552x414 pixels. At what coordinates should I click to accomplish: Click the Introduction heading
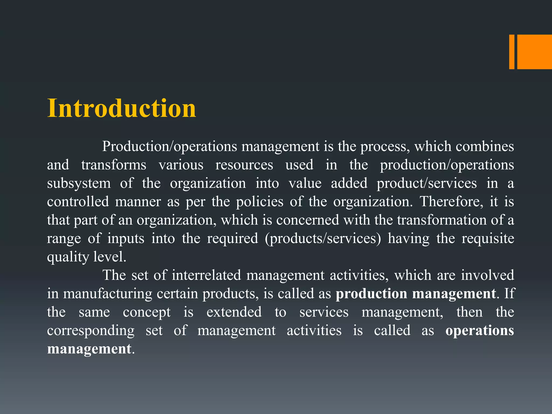[122, 108]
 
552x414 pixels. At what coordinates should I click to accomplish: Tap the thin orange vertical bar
[512, 52]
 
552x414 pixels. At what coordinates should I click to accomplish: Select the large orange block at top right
[534, 52]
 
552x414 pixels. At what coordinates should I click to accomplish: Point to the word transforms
[114, 165]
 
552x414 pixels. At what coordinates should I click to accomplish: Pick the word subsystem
[79, 184]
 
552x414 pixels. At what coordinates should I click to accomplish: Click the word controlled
[78, 202]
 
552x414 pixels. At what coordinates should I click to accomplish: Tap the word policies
[260, 202]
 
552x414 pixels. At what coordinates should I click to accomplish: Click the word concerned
[308, 220]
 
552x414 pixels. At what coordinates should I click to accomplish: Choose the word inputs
[126, 239]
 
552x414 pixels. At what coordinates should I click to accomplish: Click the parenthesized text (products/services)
[323, 239]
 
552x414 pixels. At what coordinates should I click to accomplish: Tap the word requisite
[488, 239]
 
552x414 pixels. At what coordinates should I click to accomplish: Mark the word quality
[68, 257]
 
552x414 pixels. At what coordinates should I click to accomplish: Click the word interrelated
[206, 275]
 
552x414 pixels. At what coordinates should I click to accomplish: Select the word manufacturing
[108, 294]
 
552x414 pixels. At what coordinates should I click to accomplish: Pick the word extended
[234, 312]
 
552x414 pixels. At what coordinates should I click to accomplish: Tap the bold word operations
[480, 331]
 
